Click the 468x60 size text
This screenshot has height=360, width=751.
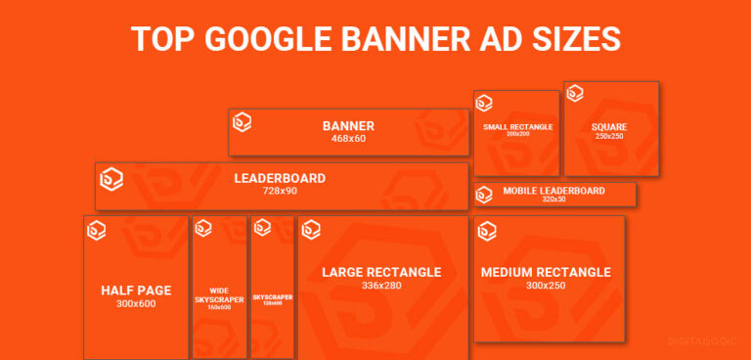point(348,139)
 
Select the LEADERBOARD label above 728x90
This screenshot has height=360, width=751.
point(280,178)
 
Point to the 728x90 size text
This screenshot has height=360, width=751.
point(280,191)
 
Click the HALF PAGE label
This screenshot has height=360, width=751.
point(136,290)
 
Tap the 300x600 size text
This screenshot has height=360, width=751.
point(136,303)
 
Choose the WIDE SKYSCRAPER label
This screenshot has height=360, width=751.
point(219,294)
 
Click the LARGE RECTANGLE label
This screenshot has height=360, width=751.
point(382,272)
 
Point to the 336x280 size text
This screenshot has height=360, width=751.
point(382,286)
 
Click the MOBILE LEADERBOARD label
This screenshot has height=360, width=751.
point(554,191)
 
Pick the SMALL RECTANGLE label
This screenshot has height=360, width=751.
point(517,127)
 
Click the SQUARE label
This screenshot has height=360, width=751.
point(609,127)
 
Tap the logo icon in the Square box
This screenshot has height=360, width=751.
point(575,94)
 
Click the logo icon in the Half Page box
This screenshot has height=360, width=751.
point(97,231)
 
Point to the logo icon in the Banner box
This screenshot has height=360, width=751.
point(242,121)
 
